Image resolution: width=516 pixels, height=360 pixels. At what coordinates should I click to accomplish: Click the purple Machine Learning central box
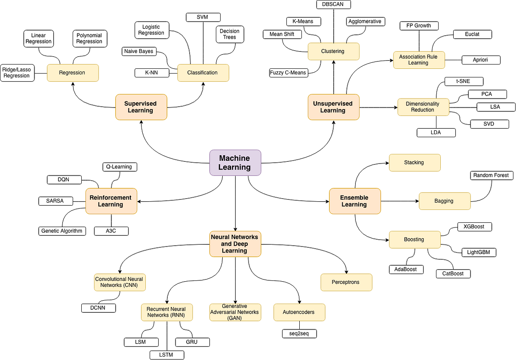click(235, 163)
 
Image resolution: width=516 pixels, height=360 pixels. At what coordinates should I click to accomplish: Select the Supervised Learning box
click(141, 107)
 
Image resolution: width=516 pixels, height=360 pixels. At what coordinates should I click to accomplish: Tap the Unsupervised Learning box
click(333, 107)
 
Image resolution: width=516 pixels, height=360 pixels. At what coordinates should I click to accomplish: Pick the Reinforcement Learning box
click(111, 201)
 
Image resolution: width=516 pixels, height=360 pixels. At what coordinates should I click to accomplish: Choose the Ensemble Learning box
click(355, 201)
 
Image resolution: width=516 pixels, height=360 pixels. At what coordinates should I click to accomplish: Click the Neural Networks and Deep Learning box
click(235, 244)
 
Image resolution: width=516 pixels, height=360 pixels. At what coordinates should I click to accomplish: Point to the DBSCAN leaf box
click(333, 4)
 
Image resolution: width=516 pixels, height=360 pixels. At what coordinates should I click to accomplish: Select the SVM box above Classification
click(203, 17)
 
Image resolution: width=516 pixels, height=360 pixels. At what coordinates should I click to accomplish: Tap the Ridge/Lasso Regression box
click(17, 73)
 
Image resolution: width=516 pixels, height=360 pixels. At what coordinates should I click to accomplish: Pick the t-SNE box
click(464, 81)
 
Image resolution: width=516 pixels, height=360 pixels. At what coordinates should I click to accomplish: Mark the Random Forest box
click(491, 175)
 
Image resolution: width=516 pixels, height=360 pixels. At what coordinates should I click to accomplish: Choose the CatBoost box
click(453, 273)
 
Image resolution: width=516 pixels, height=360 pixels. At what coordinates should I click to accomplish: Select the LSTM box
click(167, 355)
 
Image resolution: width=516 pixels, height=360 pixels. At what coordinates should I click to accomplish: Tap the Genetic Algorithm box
click(62, 231)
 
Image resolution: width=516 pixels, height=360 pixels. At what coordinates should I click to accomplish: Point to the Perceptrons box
click(346, 282)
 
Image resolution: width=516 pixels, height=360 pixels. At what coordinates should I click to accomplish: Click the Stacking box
click(415, 163)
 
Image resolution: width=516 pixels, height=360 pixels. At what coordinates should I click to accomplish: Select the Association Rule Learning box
click(418, 60)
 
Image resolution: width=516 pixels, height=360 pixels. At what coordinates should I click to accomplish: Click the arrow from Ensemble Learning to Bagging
click(400, 201)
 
